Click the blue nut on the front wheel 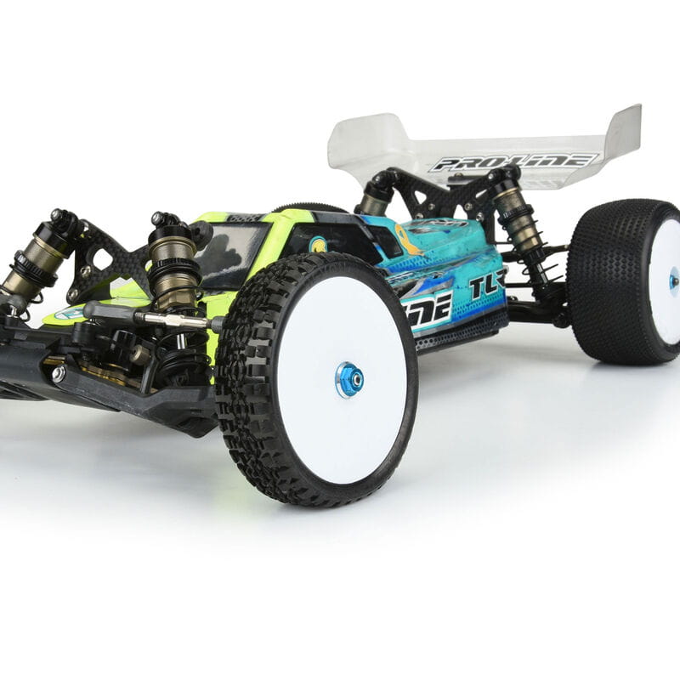point(349,379)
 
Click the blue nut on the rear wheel point(674,280)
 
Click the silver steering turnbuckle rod point(170,320)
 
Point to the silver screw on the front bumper point(58,373)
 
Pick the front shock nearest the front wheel point(173,263)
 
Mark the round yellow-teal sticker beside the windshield point(318,244)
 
